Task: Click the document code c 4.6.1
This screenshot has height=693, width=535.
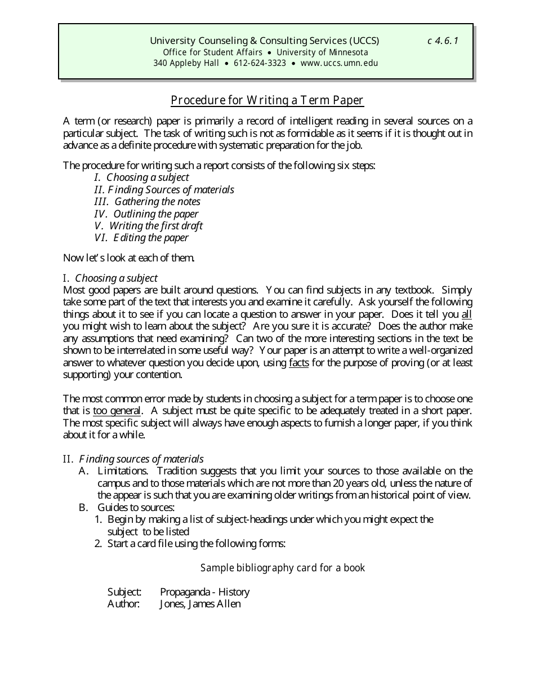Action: [x=443, y=41]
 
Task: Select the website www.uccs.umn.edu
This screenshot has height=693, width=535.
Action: [x=339, y=63]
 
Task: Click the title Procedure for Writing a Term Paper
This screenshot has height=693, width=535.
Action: [x=267, y=100]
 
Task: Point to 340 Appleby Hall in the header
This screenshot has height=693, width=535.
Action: [x=186, y=63]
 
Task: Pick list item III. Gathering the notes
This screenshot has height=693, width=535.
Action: [x=147, y=202]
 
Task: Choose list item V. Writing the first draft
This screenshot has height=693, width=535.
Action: [x=149, y=226]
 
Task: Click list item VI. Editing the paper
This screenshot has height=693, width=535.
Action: [x=141, y=238]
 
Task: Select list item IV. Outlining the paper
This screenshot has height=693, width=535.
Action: [x=146, y=214]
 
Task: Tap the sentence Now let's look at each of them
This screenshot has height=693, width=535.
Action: [x=129, y=259]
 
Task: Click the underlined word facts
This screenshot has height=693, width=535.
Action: [x=298, y=363]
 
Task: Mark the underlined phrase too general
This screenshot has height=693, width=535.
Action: [x=117, y=411]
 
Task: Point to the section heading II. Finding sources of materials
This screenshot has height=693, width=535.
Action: [x=133, y=459]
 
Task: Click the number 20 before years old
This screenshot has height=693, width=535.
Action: [x=337, y=483]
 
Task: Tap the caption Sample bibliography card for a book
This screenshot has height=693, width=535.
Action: [x=283, y=568]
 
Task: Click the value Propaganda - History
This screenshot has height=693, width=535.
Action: [x=204, y=592]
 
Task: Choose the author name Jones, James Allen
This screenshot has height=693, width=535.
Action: [x=200, y=604]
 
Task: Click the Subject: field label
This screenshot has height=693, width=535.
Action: [x=124, y=592]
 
